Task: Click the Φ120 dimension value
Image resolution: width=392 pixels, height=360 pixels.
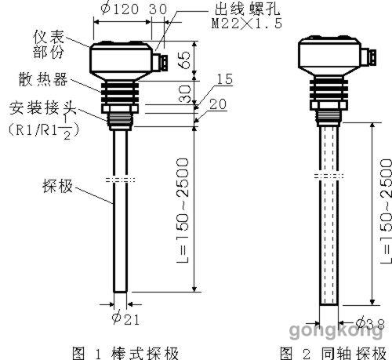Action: (119, 9)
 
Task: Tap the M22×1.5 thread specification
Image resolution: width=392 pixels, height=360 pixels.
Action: (247, 24)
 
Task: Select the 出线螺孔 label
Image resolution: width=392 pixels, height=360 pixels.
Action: (247, 9)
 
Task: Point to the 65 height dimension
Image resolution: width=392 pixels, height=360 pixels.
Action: (185, 60)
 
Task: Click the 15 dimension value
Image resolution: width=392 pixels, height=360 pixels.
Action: (225, 79)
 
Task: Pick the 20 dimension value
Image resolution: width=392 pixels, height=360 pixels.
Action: (218, 104)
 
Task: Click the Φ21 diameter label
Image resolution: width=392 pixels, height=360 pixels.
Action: (125, 319)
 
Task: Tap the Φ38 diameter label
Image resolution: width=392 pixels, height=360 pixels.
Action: (370, 323)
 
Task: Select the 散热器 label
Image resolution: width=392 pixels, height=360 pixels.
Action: (43, 79)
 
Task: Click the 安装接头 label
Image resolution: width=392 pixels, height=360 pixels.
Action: (42, 107)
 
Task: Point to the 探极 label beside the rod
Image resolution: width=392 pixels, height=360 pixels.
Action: (57, 186)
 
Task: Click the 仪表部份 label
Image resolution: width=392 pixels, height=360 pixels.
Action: (49, 44)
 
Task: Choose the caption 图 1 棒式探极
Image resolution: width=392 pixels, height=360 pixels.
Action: (125, 353)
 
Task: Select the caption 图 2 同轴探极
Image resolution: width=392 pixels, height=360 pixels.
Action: (333, 353)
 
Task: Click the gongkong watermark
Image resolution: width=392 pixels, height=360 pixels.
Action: (336, 330)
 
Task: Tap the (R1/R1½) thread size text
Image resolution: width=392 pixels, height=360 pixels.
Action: (43, 129)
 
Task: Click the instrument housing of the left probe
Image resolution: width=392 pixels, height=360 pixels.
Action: (121, 60)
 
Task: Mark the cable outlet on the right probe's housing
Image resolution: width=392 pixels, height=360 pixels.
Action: (369, 58)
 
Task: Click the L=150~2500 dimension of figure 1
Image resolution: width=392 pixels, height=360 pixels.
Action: (183, 210)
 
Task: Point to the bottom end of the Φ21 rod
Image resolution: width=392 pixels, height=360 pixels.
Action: (120, 292)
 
